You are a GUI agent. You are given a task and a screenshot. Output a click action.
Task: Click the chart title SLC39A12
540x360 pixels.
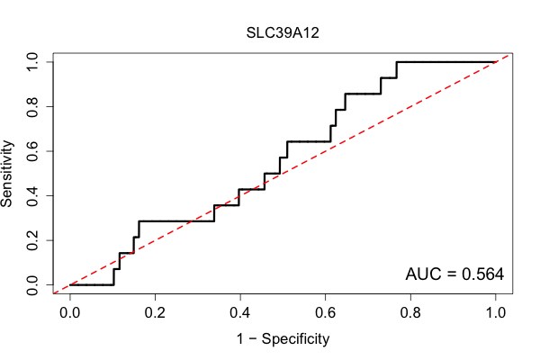tap(283, 32)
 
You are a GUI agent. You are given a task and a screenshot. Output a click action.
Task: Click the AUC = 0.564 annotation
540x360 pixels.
tap(454, 274)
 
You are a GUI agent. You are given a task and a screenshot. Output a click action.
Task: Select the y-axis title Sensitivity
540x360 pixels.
tap(6, 174)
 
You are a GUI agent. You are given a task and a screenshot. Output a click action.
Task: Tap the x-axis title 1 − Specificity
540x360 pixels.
tap(283, 339)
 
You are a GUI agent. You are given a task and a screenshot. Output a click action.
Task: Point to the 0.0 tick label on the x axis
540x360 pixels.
tap(69, 313)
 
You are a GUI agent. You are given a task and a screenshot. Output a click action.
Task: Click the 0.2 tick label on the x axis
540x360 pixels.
tap(155, 313)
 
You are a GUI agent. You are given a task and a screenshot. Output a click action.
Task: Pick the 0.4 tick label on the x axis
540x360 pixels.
tap(240, 313)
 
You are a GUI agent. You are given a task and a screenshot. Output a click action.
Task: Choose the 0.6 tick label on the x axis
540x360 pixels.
tap(325, 313)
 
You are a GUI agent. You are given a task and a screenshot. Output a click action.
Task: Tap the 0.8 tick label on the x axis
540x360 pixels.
tap(410, 313)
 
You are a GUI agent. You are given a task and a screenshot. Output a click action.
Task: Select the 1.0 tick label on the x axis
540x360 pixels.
tap(496, 313)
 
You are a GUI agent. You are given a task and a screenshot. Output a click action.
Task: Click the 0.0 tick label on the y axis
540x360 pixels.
tap(32, 285)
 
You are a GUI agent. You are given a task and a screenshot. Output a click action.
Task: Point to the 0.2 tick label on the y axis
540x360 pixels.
tap(32, 240)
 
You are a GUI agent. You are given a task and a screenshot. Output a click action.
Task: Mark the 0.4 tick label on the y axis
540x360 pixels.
tap(32, 195)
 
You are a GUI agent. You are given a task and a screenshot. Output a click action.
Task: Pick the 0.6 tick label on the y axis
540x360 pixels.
tap(32, 151)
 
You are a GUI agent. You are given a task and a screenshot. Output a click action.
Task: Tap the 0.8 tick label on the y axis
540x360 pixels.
tap(32, 107)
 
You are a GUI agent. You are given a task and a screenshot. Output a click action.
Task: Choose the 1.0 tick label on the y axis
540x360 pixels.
tap(32, 62)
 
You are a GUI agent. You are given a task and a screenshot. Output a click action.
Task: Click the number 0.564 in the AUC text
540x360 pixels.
tap(482, 274)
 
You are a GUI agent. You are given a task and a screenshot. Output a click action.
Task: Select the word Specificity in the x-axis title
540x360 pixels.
tap(295, 339)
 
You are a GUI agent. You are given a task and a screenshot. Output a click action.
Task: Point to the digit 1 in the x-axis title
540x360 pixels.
tap(240, 338)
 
